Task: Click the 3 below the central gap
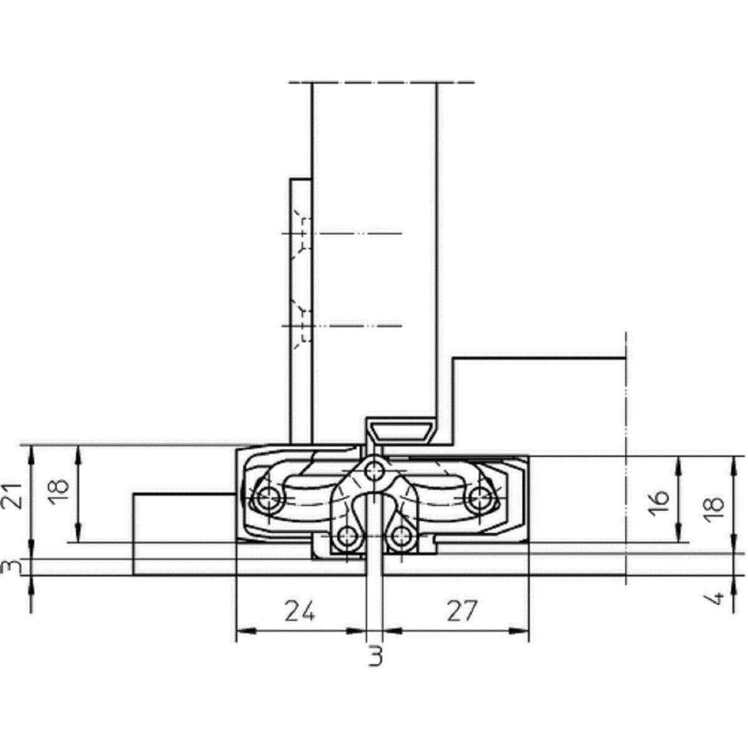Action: point(375,656)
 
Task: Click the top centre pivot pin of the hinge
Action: point(374,472)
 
